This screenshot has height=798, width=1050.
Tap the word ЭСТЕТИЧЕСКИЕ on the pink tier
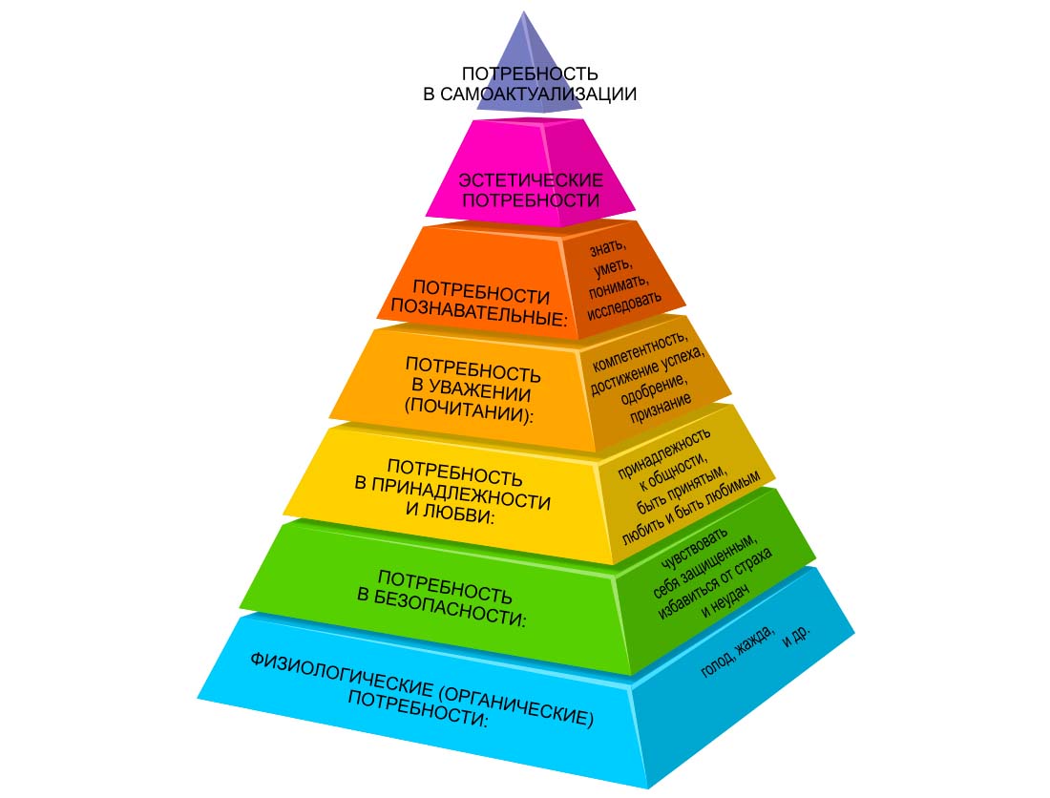tap(531, 179)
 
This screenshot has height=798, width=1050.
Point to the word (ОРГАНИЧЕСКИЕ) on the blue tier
tap(517, 704)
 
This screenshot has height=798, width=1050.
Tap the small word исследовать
tap(624, 304)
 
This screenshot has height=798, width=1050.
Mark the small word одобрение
tap(654, 389)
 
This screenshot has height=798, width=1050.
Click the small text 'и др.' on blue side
tap(796, 636)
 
